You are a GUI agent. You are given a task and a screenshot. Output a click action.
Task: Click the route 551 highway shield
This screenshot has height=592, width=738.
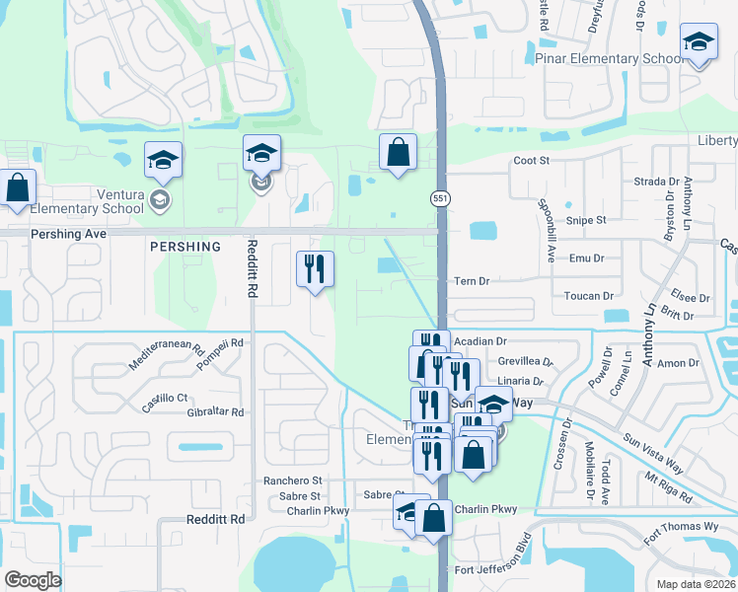coord(440,198)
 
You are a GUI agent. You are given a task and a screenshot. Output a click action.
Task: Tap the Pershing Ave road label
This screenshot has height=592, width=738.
coord(68,234)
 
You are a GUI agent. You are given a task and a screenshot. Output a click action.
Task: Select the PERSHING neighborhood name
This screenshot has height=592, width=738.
coord(184,246)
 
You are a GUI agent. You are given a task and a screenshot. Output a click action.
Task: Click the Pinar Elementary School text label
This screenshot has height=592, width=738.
coord(609,59)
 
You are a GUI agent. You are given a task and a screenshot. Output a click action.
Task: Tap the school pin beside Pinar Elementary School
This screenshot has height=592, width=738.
coord(699,43)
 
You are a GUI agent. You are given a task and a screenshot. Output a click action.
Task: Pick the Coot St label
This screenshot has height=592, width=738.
coord(531,161)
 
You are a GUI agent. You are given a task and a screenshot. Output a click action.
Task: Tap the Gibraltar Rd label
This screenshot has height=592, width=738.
coord(214,412)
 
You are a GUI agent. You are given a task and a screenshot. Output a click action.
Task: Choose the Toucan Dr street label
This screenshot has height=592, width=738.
coord(588,296)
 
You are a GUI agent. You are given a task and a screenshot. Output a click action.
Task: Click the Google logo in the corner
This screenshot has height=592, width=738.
coord(33,580)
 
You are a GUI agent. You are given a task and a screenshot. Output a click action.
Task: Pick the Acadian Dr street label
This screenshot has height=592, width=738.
coord(480,341)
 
